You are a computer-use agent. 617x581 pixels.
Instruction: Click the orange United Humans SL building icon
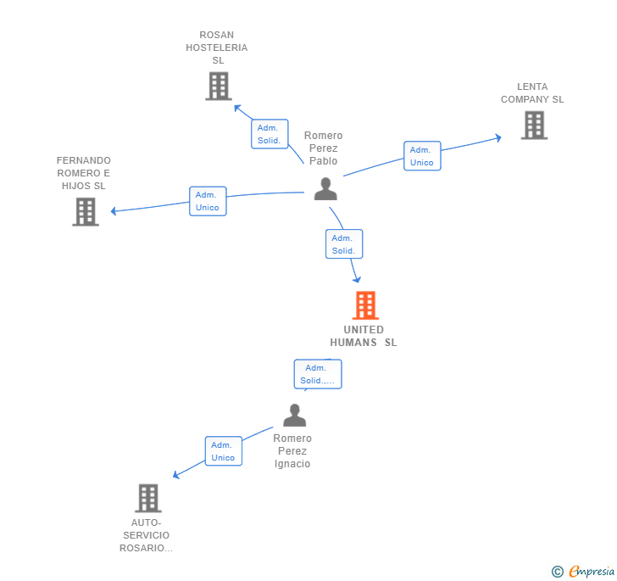point(365,305)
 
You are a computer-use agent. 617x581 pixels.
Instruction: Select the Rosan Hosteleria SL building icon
point(219,86)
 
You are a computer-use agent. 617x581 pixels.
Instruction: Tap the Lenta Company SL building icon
point(534,126)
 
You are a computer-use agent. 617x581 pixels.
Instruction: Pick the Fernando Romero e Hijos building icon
point(86,211)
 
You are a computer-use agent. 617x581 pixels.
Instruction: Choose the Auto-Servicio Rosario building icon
point(148,498)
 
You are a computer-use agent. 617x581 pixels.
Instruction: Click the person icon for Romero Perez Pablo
point(325,188)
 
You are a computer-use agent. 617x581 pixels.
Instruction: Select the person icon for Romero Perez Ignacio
point(294,415)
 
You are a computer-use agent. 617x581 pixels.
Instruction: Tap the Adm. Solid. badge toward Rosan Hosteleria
point(270,134)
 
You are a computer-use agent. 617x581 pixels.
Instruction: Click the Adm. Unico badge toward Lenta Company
point(422,156)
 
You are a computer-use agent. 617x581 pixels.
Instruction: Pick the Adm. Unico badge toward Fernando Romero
point(208,201)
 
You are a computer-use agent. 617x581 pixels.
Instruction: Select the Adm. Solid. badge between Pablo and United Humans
point(343,244)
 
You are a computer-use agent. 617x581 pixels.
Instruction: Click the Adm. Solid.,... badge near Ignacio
point(318,374)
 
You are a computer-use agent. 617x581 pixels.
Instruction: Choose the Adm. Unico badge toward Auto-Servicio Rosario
point(223,451)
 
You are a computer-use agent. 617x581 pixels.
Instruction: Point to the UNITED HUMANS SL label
point(364,336)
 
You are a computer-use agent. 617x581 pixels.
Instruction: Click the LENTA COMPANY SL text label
point(532,93)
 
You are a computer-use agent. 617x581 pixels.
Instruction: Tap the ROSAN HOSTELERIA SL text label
point(218,47)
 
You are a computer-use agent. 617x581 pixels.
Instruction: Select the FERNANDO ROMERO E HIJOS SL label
point(84,173)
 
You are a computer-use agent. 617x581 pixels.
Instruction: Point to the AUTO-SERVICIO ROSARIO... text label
point(147,535)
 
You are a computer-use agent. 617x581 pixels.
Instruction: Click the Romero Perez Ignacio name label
point(292,451)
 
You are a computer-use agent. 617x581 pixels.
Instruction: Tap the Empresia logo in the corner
point(584,572)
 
